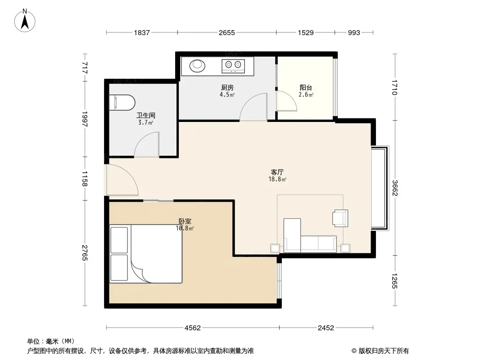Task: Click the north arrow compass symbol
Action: point(25,21)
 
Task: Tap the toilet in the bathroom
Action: point(122,102)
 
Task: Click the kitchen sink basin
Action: point(197,65)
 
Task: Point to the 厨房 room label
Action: point(227,88)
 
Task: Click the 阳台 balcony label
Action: point(306,88)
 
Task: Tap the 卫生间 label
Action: point(146,115)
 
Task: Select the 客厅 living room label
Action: point(277,172)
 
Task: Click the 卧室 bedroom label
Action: point(185,221)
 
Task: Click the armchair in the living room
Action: point(340,218)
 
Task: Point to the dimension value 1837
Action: point(142,32)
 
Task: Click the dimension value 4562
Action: point(193,328)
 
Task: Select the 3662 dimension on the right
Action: point(395,188)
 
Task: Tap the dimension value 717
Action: point(85,67)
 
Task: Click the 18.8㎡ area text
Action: point(277,179)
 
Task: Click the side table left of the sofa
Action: point(275,248)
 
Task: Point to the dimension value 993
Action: point(354,32)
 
